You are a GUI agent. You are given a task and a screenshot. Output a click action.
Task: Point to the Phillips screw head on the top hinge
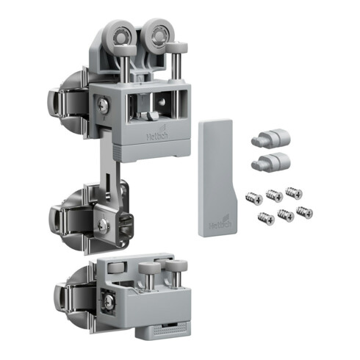tap(105, 107)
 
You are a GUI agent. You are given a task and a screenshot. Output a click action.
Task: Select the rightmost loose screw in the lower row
tap(303, 212)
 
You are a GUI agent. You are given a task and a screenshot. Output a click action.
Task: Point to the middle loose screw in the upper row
tap(275, 195)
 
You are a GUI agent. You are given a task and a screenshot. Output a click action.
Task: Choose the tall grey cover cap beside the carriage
tap(215, 176)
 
